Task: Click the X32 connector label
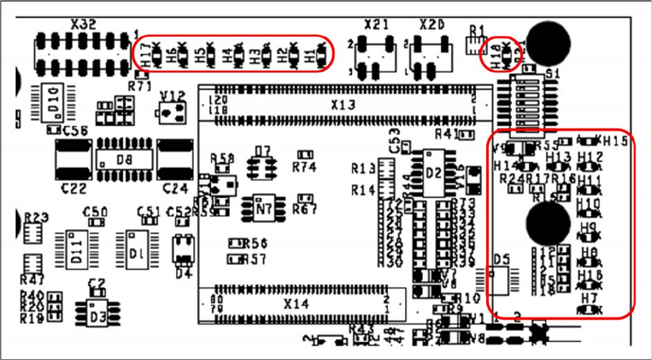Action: (83, 24)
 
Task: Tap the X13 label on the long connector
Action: (343, 105)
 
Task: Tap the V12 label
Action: (172, 95)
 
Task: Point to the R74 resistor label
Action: (304, 167)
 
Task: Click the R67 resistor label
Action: (304, 209)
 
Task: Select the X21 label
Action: (376, 24)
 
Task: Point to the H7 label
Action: (589, 297)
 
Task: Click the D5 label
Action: (501, 259)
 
